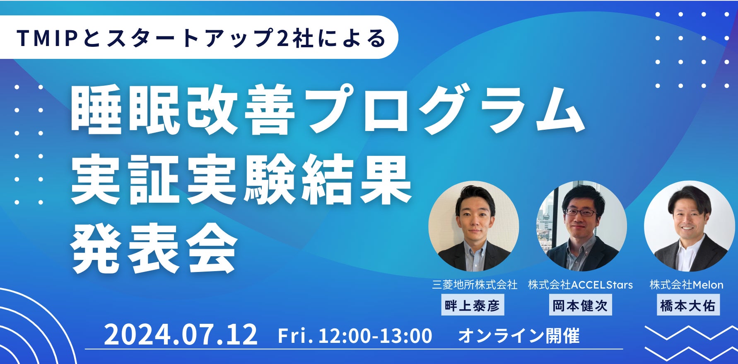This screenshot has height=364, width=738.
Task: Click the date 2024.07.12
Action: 181,335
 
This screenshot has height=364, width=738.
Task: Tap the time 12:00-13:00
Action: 375,335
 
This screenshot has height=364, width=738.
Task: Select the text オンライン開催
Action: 519,335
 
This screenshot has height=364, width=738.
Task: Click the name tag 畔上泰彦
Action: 473,306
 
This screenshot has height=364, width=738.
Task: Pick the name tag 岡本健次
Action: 580,306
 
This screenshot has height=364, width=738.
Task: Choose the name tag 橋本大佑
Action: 688,306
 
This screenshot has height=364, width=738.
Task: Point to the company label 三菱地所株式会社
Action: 475,284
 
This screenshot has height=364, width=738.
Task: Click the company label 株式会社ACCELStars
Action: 580,284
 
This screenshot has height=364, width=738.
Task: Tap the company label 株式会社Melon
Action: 687,284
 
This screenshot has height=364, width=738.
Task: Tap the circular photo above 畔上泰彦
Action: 473,226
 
